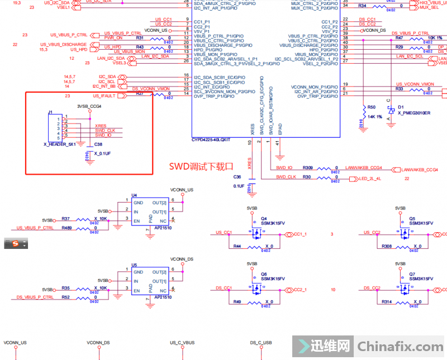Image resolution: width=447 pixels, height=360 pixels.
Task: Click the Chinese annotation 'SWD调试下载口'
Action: click(x=200, y=166)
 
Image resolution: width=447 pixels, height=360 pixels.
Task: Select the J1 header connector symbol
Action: click(x=55, y=128)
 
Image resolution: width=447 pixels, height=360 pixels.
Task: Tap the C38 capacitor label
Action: click(x=98, y=144)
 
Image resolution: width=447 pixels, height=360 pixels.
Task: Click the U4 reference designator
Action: click(x=134, y=195)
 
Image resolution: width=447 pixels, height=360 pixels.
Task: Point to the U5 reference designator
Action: click(x=134, y=265)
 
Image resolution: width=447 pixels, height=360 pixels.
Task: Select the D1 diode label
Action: click(x=401, y=106)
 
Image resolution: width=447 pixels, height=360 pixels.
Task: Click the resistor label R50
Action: click(x=372, y=106)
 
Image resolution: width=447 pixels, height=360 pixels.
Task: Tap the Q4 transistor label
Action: click(x=264, y=218)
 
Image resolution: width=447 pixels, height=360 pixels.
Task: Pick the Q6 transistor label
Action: click(x=264, y=273)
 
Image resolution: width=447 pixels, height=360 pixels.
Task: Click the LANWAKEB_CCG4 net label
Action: click(x=364, y=167)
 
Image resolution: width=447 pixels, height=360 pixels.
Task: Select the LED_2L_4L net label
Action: click(x=370, y=179)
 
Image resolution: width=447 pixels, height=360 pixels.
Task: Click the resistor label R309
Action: click(x=308, y=167)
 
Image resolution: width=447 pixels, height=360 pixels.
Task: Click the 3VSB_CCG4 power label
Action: click(x=89, y=106)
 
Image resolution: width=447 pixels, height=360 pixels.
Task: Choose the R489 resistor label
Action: click(x=67, y=228)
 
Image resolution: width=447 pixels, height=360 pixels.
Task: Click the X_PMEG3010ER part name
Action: click(x=414, y=113)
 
